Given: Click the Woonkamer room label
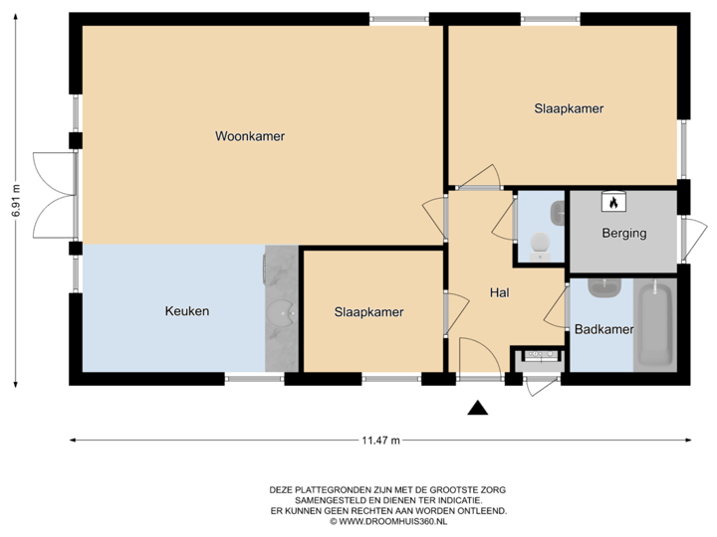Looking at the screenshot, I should [x=250, y=136].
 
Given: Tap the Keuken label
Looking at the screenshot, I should [x=187, y=311].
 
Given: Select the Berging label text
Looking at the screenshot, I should [x=624, y=234].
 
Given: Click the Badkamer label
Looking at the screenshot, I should [x=604, y=329].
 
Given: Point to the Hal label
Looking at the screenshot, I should [x=500, y=293].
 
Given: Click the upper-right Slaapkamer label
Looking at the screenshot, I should [x=569, y=108].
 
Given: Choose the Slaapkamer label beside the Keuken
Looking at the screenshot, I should [x=368, y=311].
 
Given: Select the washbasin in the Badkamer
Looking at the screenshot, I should [x=603, y=288].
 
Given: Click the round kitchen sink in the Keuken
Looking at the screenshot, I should [x=284, y=312].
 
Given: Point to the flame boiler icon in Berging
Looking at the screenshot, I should [x=613, y=202].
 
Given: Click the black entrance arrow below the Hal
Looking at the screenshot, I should [x=479, y=407].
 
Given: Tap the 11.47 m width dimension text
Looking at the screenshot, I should [x=380, y=440].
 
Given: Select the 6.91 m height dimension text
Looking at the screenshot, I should [x=14, y=201].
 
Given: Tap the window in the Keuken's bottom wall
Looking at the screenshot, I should [x=254, y=379].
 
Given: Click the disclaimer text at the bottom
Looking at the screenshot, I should [x=388, y=501].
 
